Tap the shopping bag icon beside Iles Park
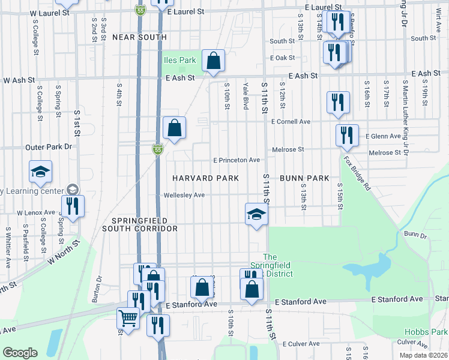point(213,61)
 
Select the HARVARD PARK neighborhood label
point(206,178)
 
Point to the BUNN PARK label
point(304,178)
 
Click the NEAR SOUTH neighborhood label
point(139,37)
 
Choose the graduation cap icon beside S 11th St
point(256,214)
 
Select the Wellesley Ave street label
point(184,195)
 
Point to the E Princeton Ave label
point(237,160)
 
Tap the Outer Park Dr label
point(49,146)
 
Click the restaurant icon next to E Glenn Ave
point(347,136)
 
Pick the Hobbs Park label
point(435,332)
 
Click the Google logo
point(20,353)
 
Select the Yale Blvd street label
point(246,96)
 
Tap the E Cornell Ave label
point(291,121)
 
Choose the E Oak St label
point(283,58)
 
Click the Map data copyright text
point(423,355)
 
